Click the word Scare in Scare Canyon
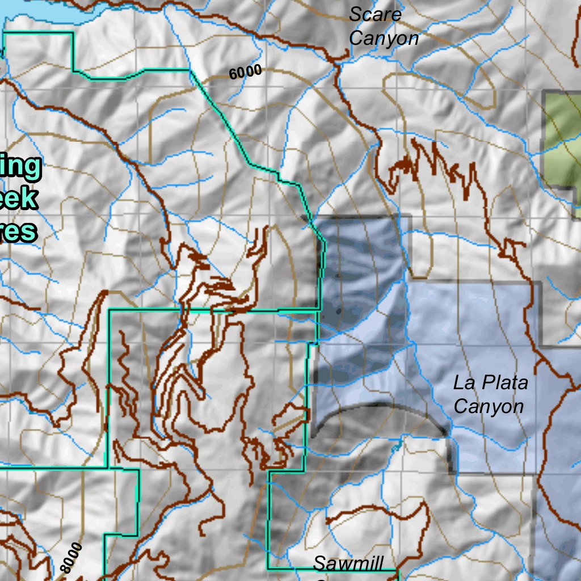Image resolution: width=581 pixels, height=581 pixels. [x=375, y=15]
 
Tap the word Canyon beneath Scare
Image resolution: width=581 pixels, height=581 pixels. [x=384, y=39]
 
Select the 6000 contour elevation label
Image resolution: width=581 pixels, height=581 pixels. [x=245, y=72]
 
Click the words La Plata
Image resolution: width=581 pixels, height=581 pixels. [x=490, y=383]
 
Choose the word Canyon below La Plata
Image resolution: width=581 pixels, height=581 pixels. [x=489, y=407]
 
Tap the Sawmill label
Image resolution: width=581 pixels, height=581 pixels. [x=348, y=563]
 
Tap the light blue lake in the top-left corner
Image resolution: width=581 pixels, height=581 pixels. [x=40, y=11]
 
